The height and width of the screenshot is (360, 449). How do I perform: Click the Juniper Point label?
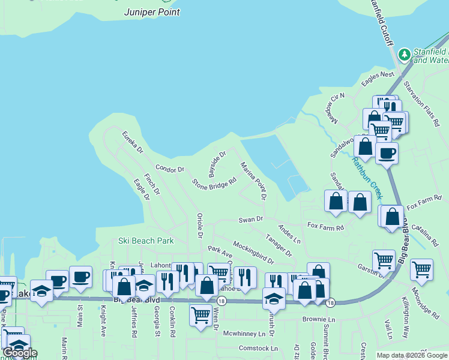152,11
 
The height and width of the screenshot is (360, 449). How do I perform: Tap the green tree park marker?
405,55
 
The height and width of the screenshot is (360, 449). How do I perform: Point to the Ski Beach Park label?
146,241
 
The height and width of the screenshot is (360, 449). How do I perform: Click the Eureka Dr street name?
133,142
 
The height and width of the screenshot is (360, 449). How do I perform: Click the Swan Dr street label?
251,220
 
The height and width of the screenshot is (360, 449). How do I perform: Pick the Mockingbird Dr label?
253,253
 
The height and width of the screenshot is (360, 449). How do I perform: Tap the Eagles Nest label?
378,75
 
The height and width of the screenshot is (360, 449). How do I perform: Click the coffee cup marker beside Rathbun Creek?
387,152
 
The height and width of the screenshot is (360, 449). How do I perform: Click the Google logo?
20,353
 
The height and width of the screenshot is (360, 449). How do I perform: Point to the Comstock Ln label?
258,348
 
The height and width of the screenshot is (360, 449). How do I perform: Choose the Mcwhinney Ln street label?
244,333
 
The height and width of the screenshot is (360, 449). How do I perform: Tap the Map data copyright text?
412,355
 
